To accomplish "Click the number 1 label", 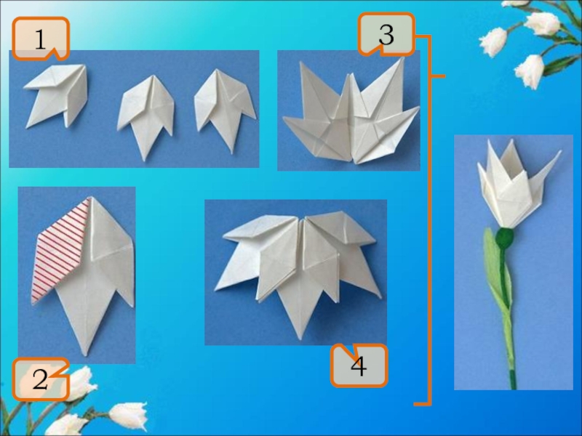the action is (41, 39).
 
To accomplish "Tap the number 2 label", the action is (41, 379).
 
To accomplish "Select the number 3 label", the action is (386, 34).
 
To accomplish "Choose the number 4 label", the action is (359, 366).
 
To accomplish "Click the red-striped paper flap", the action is (60, 252).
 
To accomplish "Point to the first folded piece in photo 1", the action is (57, 96).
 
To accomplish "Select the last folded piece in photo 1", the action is (224, 110).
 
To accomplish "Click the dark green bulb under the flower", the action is (505, 238).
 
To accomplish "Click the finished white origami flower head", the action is (518, 185).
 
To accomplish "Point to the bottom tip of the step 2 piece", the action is (86, 355).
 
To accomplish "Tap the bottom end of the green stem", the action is (514, 388).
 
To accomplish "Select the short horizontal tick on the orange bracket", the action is (438, 76).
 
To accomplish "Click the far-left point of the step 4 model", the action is (215, 289).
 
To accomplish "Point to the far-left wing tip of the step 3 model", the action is (284, 118).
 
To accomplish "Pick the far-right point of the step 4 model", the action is (380, 298).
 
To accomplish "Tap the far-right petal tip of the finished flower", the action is (560, 151).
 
